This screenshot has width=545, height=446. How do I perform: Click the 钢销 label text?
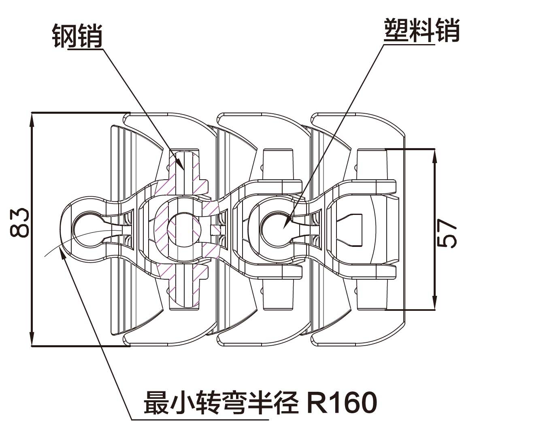(77, 36)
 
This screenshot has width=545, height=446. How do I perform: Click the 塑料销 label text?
(421, 30)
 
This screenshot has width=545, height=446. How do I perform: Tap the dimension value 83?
(19, 223)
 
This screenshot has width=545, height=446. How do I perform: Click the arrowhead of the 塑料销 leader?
(286, 223)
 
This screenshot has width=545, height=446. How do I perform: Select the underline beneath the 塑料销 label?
(409, 45)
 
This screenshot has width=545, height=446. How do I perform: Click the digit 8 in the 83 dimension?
(19, 230)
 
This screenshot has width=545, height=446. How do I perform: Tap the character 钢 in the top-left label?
(65, 36)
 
